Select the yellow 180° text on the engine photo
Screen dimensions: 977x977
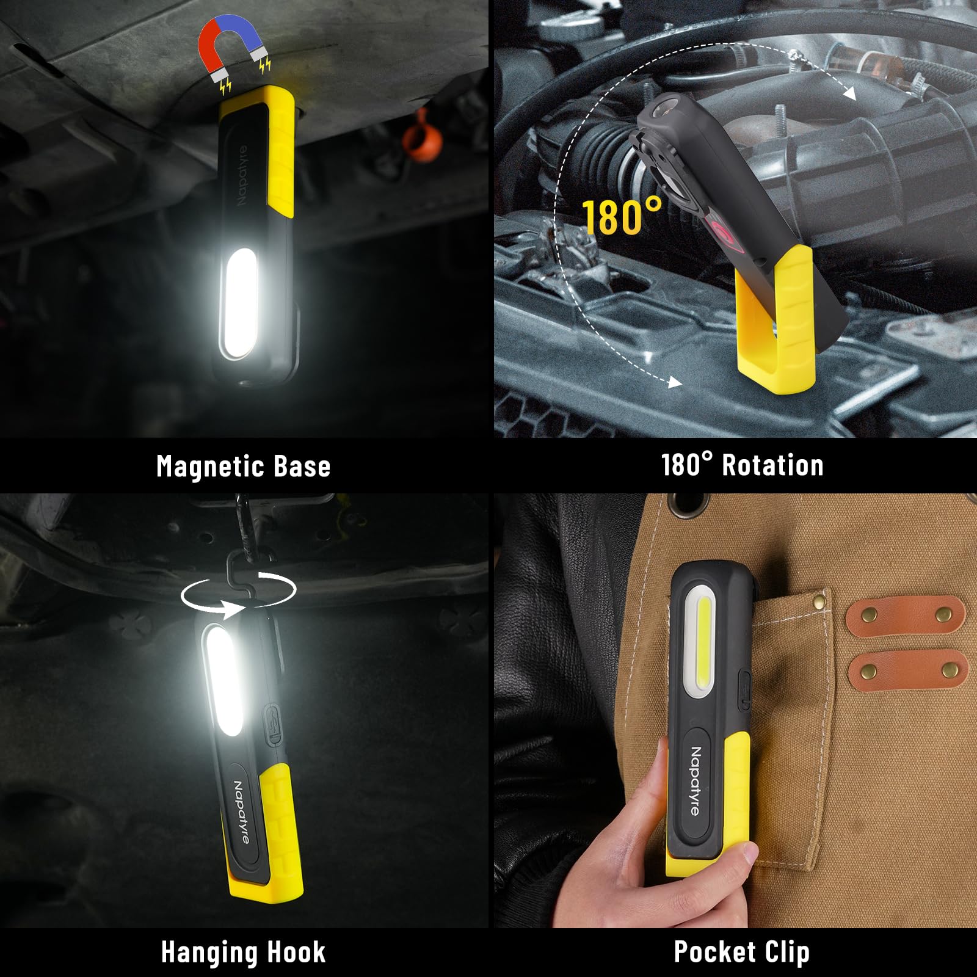click(621, 217)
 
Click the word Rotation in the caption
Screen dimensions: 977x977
click(772, 465)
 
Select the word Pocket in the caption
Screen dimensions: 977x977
click(715, 952)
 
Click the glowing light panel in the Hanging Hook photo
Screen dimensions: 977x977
click(222, 680)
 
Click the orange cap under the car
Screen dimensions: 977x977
click(422, 140)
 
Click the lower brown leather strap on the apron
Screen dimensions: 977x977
click(907, 670)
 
